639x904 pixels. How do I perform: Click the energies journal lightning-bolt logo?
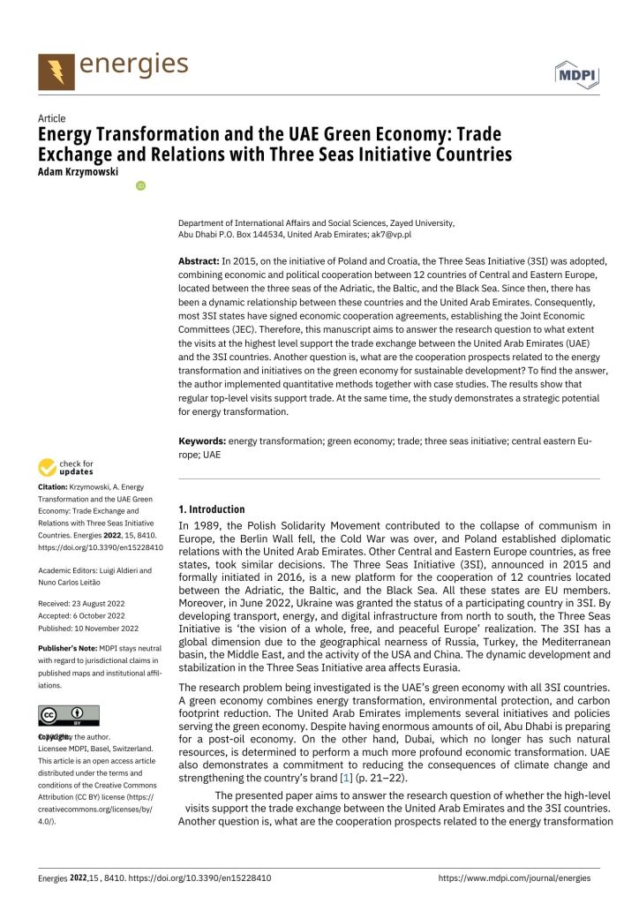[56, 71]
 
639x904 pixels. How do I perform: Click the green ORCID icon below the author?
[139, 185]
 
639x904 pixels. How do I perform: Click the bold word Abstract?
[199, 261]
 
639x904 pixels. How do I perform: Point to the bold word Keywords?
[202, 440]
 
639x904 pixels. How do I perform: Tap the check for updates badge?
[67, 468]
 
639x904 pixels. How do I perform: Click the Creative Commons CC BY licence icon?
[69, 715]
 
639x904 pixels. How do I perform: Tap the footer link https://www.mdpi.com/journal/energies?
[515, 878]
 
